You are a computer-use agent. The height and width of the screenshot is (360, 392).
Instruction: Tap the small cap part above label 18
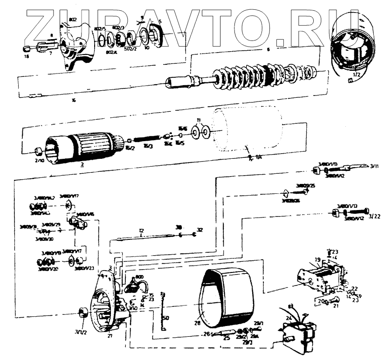(27, 48)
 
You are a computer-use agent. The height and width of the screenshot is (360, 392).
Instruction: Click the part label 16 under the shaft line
(74, 100)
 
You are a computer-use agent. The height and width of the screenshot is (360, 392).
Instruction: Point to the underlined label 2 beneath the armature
(82, 164)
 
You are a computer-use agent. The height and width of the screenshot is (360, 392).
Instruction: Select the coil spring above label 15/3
(147, 139)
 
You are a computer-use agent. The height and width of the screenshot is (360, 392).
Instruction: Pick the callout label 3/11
(374, 165)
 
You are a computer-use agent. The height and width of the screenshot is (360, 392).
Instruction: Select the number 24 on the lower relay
(289, 318)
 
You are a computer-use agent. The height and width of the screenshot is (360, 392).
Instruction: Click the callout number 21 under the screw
(336, 306)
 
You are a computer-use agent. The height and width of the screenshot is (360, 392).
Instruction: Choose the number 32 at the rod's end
(200, 230)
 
